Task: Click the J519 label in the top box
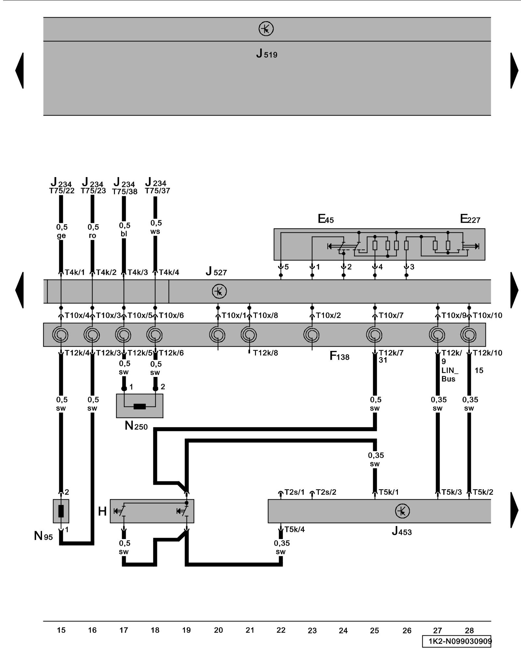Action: (x=267, y=54)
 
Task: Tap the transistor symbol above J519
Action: (x=266, y=29)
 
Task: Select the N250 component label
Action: (x=136, y=426)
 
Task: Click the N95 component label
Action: (x=43, y=536)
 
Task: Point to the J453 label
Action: (x=402, y=532)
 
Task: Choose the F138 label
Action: (x=339, y=356)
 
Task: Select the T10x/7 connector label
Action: (x=391, y=315)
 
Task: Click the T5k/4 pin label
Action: (x=295, y=530)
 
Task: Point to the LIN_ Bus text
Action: (x=450, y=375)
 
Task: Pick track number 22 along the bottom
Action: (x=281, y=630)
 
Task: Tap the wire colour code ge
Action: (x=61, y=236)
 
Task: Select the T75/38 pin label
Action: (x=125, y=192)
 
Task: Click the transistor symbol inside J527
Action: (x=219, y=291)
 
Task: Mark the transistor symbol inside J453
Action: (x=402, y=511)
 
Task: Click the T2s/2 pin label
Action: (x=326, y=492)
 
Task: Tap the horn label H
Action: (x=102, y=511)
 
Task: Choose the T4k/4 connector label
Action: (x=169, y=272)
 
